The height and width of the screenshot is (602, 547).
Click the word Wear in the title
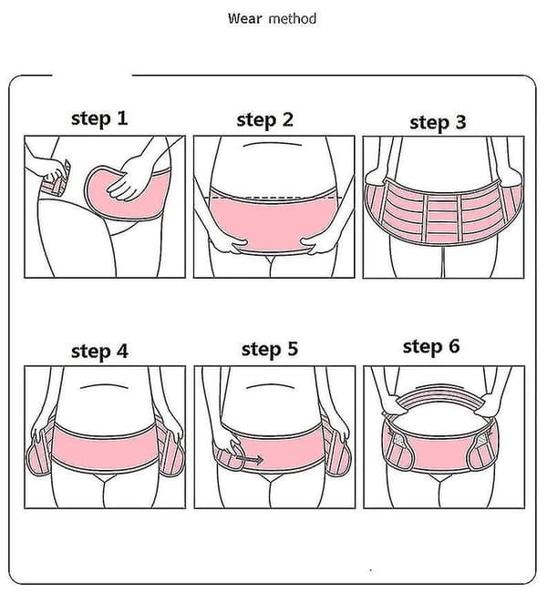tap(245, 18)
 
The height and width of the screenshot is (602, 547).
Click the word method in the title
tap(293, 18)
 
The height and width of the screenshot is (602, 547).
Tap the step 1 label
tap(99, 118)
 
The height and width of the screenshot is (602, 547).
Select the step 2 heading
tap(265, 120)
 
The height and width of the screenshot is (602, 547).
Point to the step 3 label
tap(438, 123)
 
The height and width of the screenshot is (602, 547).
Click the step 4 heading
tap(99, 352)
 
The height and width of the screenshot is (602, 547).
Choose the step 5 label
tap(270, 349)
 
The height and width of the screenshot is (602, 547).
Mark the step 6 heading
tap(431, 346)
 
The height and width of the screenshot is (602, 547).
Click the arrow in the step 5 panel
tap(249, 459)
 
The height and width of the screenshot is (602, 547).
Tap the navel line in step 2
tap(272, 144)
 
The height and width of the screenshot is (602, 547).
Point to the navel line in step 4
tap(104, 385)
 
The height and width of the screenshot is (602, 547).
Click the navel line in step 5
tap(270, 385)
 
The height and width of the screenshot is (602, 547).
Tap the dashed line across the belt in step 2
tap(273, 199)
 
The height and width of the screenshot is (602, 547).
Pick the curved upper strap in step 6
tap(443, 399)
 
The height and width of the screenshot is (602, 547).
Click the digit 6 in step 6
tap(454, 345)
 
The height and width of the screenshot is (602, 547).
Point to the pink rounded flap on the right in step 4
tap(171, 457)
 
